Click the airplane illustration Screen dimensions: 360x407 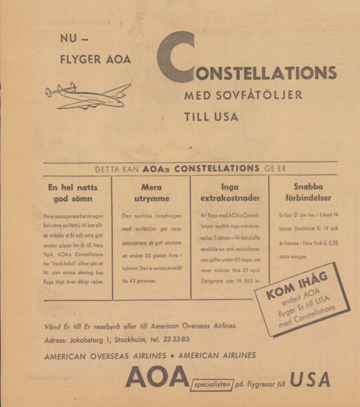coord(87,95)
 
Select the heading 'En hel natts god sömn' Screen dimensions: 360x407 coord(73,193)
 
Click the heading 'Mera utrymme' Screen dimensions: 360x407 coord(151,193)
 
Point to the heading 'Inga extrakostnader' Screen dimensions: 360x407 coord(230,193)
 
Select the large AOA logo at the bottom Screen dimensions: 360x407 coord(157,379)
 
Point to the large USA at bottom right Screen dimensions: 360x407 coord(310,379)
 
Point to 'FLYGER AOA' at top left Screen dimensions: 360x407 coord(95,59)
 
